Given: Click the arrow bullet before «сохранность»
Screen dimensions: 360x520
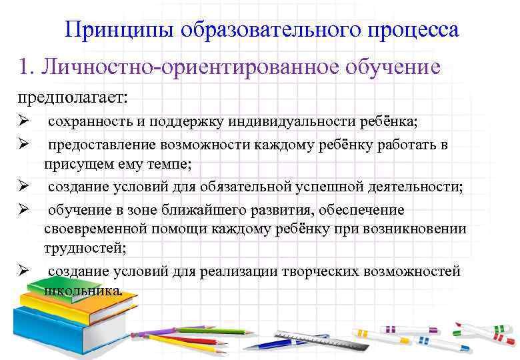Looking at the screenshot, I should pos(22,123).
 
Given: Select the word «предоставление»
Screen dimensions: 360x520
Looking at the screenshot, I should pos(95,145).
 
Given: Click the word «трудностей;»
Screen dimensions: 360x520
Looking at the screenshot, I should pos(85,247).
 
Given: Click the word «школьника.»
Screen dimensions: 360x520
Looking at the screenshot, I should pos(83,290).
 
